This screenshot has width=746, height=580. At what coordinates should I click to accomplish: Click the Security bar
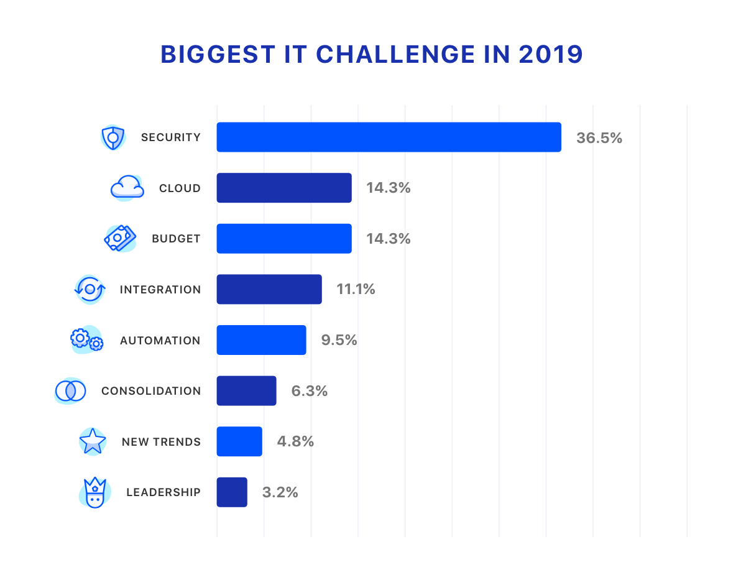click(x=389, y=137)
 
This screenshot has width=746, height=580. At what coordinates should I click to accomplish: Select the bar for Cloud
click(x=284, y=188)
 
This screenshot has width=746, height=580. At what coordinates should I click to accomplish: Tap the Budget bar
click(x=284, y=239)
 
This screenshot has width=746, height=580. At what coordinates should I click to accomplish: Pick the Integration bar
click(x=269, y=289)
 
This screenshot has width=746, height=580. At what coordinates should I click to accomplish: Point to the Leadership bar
click(x=232, y=492)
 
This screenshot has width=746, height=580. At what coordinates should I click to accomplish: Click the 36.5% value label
click(x=599, y=138)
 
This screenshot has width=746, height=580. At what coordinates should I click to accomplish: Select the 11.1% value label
click(x=356, y=289)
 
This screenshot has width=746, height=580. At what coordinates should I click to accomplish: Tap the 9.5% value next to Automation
click(x=339, y=340)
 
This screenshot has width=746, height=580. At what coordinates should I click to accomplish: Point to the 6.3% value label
click(x=309, y=391)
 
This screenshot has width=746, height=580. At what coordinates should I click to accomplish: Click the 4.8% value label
click(x=295, y=441)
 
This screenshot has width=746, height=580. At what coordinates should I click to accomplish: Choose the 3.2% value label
click(x=280, y=492)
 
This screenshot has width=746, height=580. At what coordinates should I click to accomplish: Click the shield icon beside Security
click(x=113, y=137)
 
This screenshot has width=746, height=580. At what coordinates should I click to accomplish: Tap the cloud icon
click(x=127, y=187)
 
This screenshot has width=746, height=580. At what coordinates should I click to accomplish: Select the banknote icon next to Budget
click(x=120, y=238)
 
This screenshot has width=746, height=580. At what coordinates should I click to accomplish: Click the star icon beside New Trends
click(x=93, y=441)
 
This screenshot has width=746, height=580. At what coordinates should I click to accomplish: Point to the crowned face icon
click(x=94, y=493)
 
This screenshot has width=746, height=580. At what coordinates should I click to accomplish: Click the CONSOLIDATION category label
click(x=151, y=391)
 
